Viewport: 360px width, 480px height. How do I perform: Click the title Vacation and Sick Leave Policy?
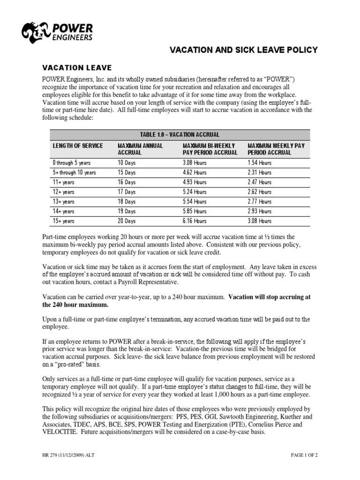tap(243, 50)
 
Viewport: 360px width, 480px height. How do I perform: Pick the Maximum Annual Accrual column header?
tap(140, 149)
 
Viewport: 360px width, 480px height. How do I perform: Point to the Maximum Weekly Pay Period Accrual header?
tap(276, 149)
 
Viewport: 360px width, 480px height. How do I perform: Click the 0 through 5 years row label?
tap(71, 163)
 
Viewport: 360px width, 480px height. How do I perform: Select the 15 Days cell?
tap(127, 172)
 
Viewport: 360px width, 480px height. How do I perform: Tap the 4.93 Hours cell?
tap(194, 182)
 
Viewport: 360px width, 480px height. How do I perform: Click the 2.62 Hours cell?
tap(259, 192)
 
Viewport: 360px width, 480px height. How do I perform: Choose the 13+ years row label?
tap(63, 202)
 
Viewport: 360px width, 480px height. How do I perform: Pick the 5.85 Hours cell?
tap(194, 211)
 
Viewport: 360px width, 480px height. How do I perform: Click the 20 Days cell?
tap(127, 221)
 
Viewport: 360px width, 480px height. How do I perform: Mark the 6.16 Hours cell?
tap(194, 221)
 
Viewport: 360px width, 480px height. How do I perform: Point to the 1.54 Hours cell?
tap(259, 163)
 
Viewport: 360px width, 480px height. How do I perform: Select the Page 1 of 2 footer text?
tap(300, 455)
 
